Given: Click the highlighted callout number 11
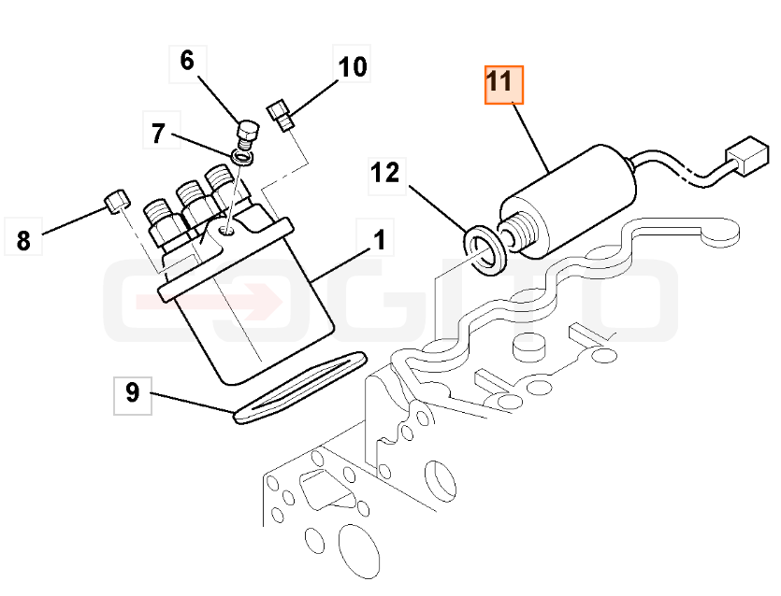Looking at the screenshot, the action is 504,85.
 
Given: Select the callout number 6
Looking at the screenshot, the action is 187,62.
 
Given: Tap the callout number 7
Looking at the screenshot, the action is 158,133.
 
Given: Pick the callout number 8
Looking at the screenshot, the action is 22,240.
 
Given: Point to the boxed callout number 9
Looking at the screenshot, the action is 133,394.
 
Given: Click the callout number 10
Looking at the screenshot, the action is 353,67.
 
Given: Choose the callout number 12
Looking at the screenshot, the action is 385,174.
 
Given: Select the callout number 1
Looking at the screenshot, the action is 380,240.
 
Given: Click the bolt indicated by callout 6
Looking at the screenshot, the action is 247,134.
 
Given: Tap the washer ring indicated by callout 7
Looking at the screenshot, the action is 242,158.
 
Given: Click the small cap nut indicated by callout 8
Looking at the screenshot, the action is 117,201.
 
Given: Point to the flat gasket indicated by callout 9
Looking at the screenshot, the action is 300,388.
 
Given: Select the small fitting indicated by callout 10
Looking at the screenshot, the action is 281,115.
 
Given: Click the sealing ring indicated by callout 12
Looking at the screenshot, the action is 485,249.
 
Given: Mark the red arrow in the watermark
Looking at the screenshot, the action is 210,302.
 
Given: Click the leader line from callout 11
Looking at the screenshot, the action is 531,136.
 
